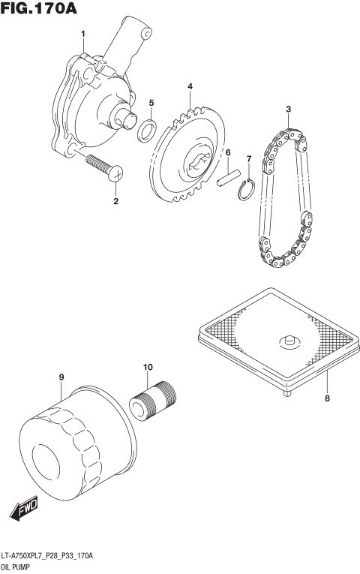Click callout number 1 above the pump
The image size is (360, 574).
(x=83, y=33)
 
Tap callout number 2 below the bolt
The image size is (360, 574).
(x=115, y=201)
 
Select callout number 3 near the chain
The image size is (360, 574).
(x=287, y=110)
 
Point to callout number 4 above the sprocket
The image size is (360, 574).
(x=190, y=87)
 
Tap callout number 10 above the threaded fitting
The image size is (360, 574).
(x=148, y=367)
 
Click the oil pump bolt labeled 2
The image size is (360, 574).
(x=100, y=167)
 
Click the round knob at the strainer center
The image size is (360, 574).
(x=287, y=341)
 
